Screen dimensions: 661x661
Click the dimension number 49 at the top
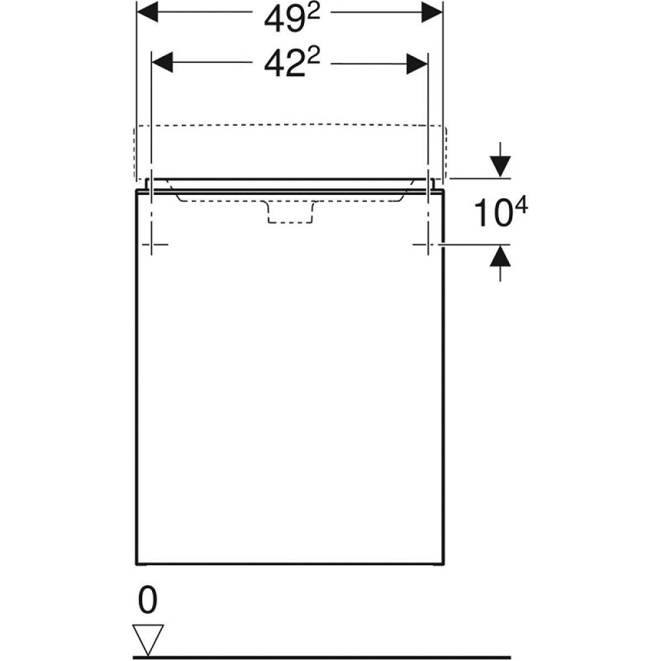pos(278,20)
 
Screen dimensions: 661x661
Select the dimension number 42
pos(278,65)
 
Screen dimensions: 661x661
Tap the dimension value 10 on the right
pos(488,214)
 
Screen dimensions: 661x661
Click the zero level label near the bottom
pos(149,602)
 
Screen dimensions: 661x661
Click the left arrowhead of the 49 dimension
pos(149,11)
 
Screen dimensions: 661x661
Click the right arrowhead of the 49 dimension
pos(431,11)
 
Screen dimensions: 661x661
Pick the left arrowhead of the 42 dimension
pos(164,63)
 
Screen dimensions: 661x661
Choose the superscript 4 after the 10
pos(520,207)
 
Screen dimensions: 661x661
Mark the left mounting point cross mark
pos(152,245)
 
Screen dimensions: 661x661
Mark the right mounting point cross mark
pos(428,245)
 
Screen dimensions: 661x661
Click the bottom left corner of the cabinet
pos(136,564)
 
